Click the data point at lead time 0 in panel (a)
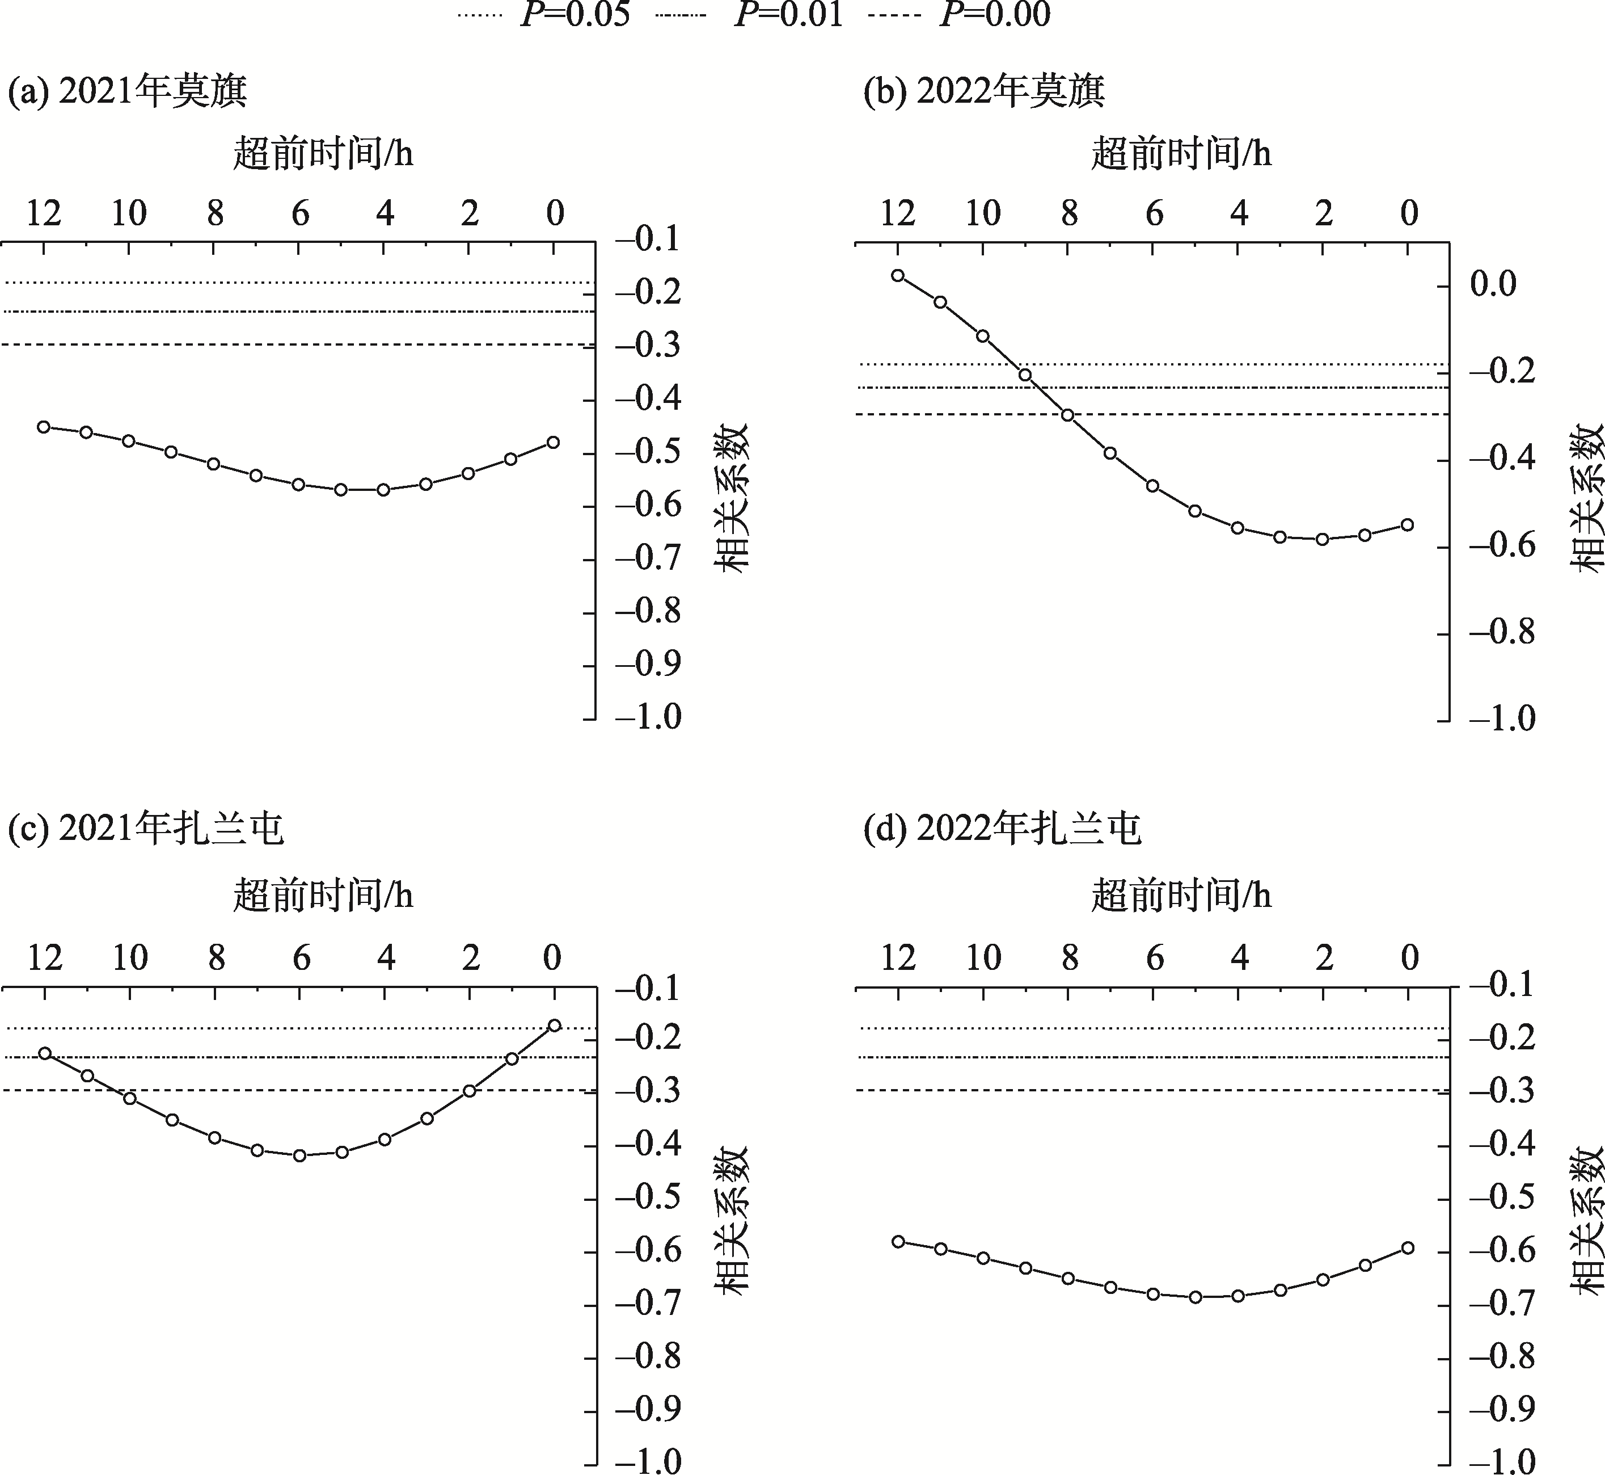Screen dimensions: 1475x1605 point(554,442)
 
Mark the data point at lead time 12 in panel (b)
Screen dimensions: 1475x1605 point(898,275)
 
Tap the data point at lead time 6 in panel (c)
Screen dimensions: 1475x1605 point(300,1155)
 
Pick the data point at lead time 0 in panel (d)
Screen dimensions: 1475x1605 point(1408,1247)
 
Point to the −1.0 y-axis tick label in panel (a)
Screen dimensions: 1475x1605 point(647,717)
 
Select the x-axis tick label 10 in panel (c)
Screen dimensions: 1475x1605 point(130,958)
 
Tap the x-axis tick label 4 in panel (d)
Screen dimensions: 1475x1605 point(1239,958)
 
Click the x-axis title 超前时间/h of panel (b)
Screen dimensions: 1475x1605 point(1181,153)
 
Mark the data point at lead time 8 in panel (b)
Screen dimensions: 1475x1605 point(1067,415)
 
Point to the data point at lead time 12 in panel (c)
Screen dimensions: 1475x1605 point(45,1053)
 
